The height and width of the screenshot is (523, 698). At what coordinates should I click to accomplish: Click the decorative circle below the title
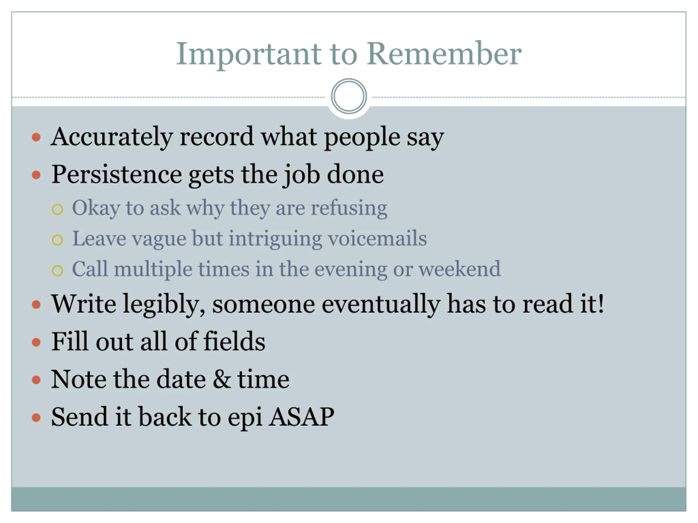click(349, 96)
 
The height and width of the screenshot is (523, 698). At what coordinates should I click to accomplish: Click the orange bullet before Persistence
click(36, 175)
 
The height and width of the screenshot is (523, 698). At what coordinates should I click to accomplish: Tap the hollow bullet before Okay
click(58, 209)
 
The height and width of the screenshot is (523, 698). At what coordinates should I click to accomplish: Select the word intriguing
click(275, 239)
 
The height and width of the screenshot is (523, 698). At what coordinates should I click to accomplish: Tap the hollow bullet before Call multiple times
click(58, 270)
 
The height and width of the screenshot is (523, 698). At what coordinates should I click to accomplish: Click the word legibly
click(164, 305)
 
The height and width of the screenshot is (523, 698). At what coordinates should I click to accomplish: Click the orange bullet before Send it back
click(36, 417)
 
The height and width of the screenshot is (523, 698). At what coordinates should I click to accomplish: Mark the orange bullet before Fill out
click(36, 342)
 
